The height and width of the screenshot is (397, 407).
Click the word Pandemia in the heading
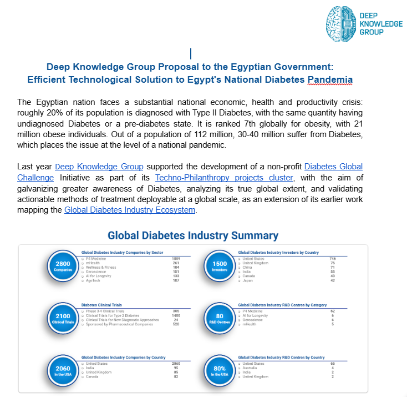pos(330,79)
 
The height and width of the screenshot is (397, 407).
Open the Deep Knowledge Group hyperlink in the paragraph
pos(99,167)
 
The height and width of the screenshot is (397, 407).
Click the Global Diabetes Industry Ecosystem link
pos(130,210)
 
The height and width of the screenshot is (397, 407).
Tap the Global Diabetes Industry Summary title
pos(193,235)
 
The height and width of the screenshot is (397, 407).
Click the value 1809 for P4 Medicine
pos(176,259)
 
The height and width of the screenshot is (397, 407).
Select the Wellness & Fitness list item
pos(102,267)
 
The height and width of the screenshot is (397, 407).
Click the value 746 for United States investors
pos(333,259)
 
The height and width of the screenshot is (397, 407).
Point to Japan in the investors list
pos(247,280)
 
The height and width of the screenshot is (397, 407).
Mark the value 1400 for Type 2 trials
pos(176,315)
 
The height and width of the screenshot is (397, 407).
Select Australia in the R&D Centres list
pos(251,368)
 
